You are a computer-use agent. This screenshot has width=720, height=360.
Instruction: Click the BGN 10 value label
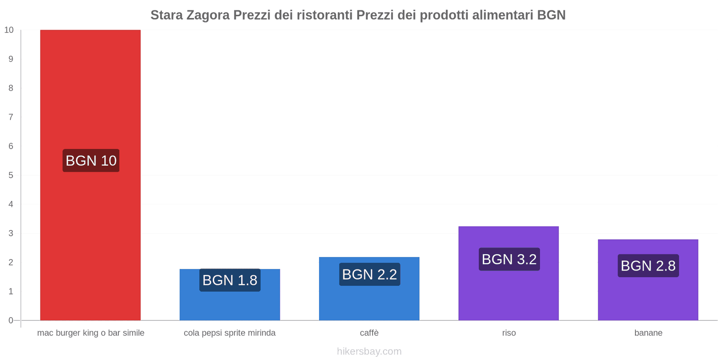click(91, 161)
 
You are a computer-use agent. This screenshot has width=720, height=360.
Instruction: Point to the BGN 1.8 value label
click(230, 280)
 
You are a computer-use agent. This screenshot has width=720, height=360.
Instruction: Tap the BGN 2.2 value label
click(369, 274)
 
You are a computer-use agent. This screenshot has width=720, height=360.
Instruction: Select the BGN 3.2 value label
click(509, 259)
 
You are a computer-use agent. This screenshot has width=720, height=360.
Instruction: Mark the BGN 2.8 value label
click(648, 266)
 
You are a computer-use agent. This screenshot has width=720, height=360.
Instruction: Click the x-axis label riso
click(509, 333)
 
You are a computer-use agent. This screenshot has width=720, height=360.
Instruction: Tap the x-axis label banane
click(648, 333)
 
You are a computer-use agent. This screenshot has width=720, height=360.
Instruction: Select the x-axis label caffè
click(369, 333)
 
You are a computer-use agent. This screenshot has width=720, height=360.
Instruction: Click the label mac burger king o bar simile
click(90, 333)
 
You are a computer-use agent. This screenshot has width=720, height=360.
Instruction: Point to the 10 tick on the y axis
click(9, 30)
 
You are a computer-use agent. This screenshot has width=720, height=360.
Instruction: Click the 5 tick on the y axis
click(11, 175)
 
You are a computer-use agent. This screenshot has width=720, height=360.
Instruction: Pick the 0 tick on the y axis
click(11, 320)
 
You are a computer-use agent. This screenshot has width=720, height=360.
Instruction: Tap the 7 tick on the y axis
click(11, 117)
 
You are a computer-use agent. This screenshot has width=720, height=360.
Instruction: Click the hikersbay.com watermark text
click(369, 351)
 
